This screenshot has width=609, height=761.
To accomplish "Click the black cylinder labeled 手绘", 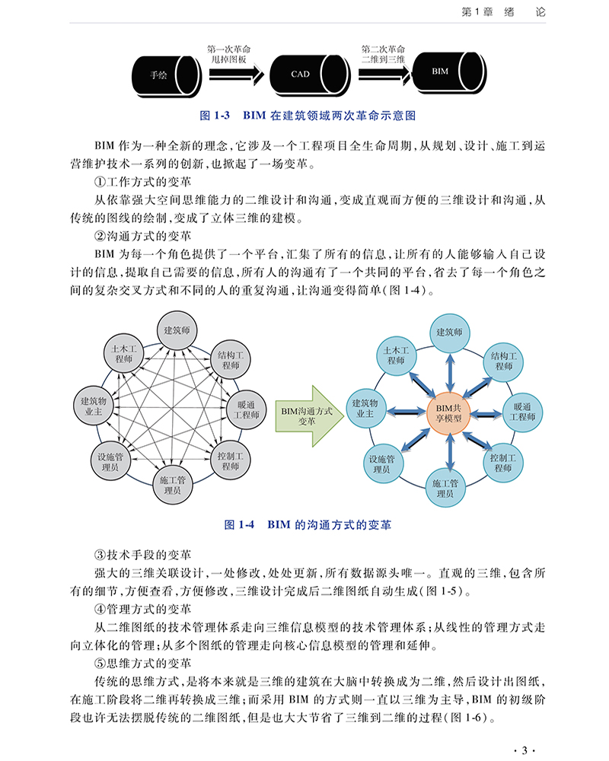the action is (160, 75).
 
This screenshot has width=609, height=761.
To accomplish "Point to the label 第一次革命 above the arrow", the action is (228, 48).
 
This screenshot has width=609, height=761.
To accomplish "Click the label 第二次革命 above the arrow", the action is (383, 48).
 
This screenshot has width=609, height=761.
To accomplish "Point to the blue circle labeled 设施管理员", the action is (382, 465).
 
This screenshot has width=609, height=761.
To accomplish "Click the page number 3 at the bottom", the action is (524, 750).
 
